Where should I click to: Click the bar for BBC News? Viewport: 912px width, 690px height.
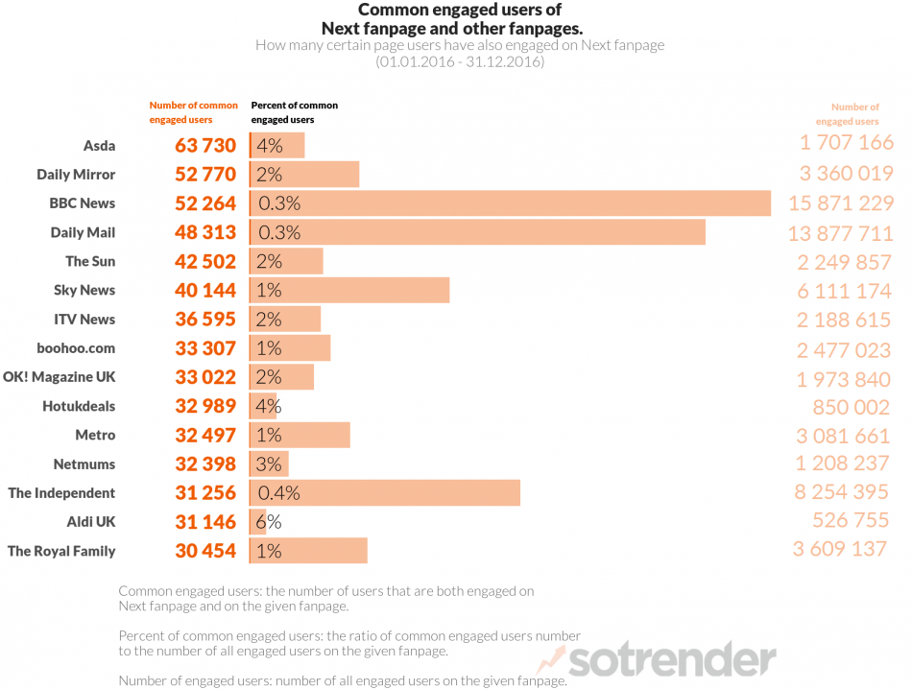point(510,203)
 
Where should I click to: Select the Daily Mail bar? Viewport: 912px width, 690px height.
point(477,232)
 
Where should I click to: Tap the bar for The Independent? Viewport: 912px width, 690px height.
point(384,493)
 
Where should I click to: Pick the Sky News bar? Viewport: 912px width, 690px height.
point(349,291)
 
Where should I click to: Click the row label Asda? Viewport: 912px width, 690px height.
point(99,146)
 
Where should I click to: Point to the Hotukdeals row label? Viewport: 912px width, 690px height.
point(79,406)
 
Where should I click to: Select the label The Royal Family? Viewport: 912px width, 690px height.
point(61,551)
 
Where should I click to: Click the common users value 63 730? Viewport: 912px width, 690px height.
point(204,146)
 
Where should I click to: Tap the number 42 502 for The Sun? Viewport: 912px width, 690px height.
point(204,262)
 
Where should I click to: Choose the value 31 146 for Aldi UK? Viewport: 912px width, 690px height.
point(204,522)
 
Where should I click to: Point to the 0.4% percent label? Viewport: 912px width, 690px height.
point(278,493)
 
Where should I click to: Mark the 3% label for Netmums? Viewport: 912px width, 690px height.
point(269,464)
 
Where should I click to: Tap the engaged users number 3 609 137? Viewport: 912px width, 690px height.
point(840,551)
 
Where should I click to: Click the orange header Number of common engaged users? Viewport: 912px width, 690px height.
point(180,112)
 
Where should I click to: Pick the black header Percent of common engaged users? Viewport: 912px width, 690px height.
point(294,112)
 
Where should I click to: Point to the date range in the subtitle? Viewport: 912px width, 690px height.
point(460,61)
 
